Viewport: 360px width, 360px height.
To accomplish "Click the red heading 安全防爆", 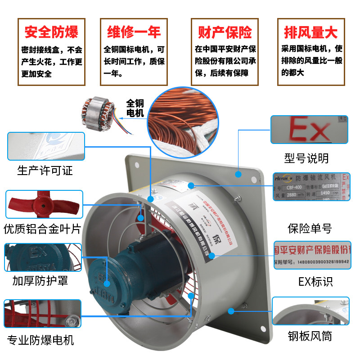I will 51,32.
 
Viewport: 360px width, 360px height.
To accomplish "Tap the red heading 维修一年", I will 134,32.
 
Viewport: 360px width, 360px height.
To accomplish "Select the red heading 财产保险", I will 225,32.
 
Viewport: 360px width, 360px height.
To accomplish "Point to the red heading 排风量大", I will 310,32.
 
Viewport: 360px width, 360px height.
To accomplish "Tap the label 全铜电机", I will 135,108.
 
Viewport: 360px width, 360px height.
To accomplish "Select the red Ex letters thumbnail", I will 309,130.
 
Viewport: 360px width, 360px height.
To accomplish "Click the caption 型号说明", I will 306,158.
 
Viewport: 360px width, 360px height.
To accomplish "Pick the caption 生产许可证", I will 45,171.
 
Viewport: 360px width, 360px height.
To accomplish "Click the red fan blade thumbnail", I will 44,205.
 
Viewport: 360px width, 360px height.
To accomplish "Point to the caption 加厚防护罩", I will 40,281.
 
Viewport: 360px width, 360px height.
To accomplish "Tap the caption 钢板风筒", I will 310,336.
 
